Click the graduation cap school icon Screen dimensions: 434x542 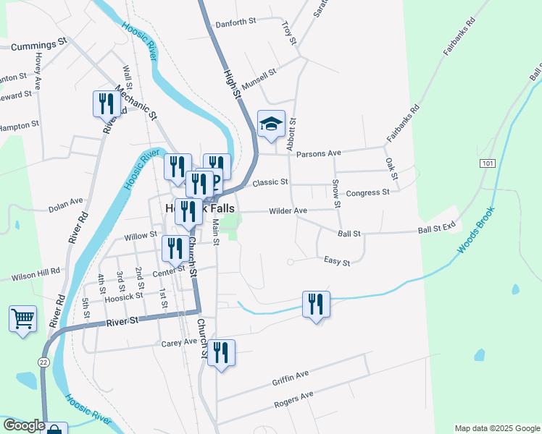[271, 125]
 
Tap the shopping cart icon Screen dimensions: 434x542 [22, 319]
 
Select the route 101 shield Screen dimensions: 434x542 [487, 163]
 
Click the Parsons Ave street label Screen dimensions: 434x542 [323, 153]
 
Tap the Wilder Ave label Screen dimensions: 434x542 [288, 210]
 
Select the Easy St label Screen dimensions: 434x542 [337, 261]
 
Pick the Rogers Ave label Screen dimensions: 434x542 [293, 399]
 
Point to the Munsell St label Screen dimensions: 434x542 [259, 79]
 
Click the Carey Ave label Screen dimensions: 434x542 [179, 341]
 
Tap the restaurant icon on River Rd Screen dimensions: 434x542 [107, 104]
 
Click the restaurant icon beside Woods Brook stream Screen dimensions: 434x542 [315, 305]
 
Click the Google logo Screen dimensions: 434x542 [24, 426]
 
